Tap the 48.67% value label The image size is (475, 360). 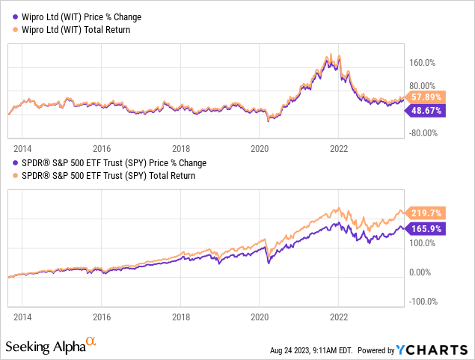pyautogui.click(x=426, y=110)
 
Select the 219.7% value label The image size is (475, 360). pyautogui.click(x=426, y=213)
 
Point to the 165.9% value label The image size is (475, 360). pyautogui.click(x=426, y=228)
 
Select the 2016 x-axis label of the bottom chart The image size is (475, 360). pyautogui.click(x=102, y=317)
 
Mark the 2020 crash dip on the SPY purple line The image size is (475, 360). pyautogui.click(x=269, y=266)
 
